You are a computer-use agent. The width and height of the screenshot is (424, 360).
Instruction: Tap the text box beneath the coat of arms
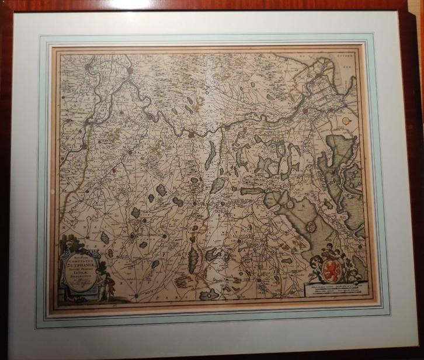[x=335, y=291]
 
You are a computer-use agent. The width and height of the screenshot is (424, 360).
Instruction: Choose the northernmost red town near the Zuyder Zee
[x=318, y=75]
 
